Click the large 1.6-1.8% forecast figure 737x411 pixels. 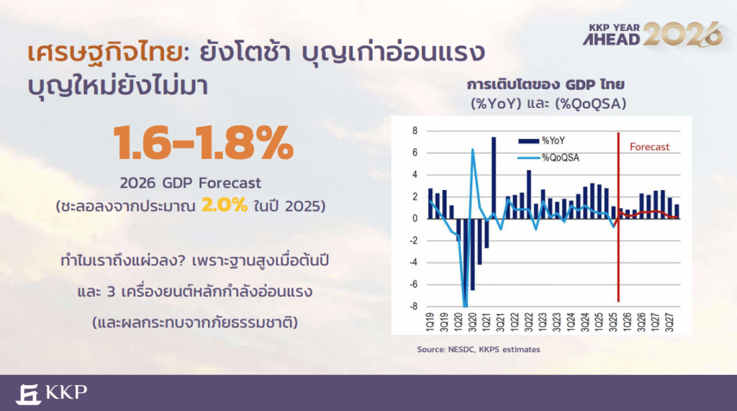tap(204, 143)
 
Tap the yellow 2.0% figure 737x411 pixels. tap(225, 205)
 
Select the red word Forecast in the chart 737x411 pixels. tap(649, 147)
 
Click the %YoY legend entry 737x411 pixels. tap(541, 140)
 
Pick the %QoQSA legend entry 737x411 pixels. tap(548, 158)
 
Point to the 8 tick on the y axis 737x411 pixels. tap(415, 131)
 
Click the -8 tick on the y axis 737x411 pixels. tap(413, 306)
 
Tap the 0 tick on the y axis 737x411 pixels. tap(415, 218)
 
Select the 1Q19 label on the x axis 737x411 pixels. tap(430, 322)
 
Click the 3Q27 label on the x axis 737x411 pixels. tap(669, 322)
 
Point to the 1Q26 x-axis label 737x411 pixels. tap(627, 322)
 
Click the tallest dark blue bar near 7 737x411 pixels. tap(494, 178)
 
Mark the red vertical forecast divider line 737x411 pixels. tap(618, 217)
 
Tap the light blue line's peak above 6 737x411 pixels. tap(472, 150)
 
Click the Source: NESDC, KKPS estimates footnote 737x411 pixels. tap(479, 349)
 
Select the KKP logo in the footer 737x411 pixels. tap(51, 394)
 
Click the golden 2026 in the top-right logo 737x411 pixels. tap(682, 35)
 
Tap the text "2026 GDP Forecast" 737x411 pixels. tap(190, 182)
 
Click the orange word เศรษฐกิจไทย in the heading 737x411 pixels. tap(104, 53)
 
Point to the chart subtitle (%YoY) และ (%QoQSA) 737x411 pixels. tap(548, 103)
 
